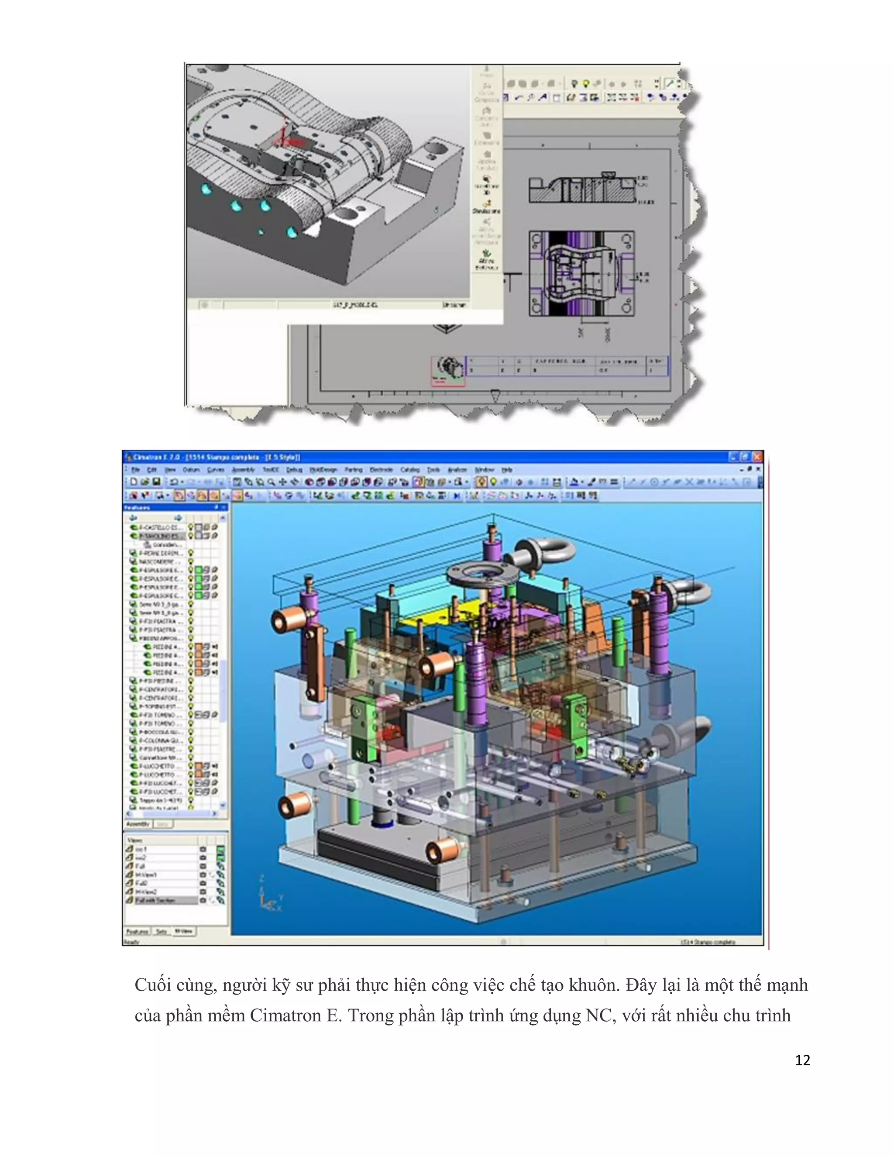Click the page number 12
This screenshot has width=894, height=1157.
point(802,1060)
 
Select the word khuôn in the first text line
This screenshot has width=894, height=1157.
point(593,985)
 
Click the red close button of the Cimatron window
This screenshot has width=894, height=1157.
point(757,457)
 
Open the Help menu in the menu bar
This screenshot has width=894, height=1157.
point(507,470)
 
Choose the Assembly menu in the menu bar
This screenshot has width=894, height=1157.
point(243,470)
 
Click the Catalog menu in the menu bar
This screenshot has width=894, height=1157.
point(410,470)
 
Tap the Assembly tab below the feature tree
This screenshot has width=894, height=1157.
point(138,824)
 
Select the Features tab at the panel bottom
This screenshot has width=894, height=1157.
point(137,931)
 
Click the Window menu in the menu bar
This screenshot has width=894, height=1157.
point(484,470)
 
